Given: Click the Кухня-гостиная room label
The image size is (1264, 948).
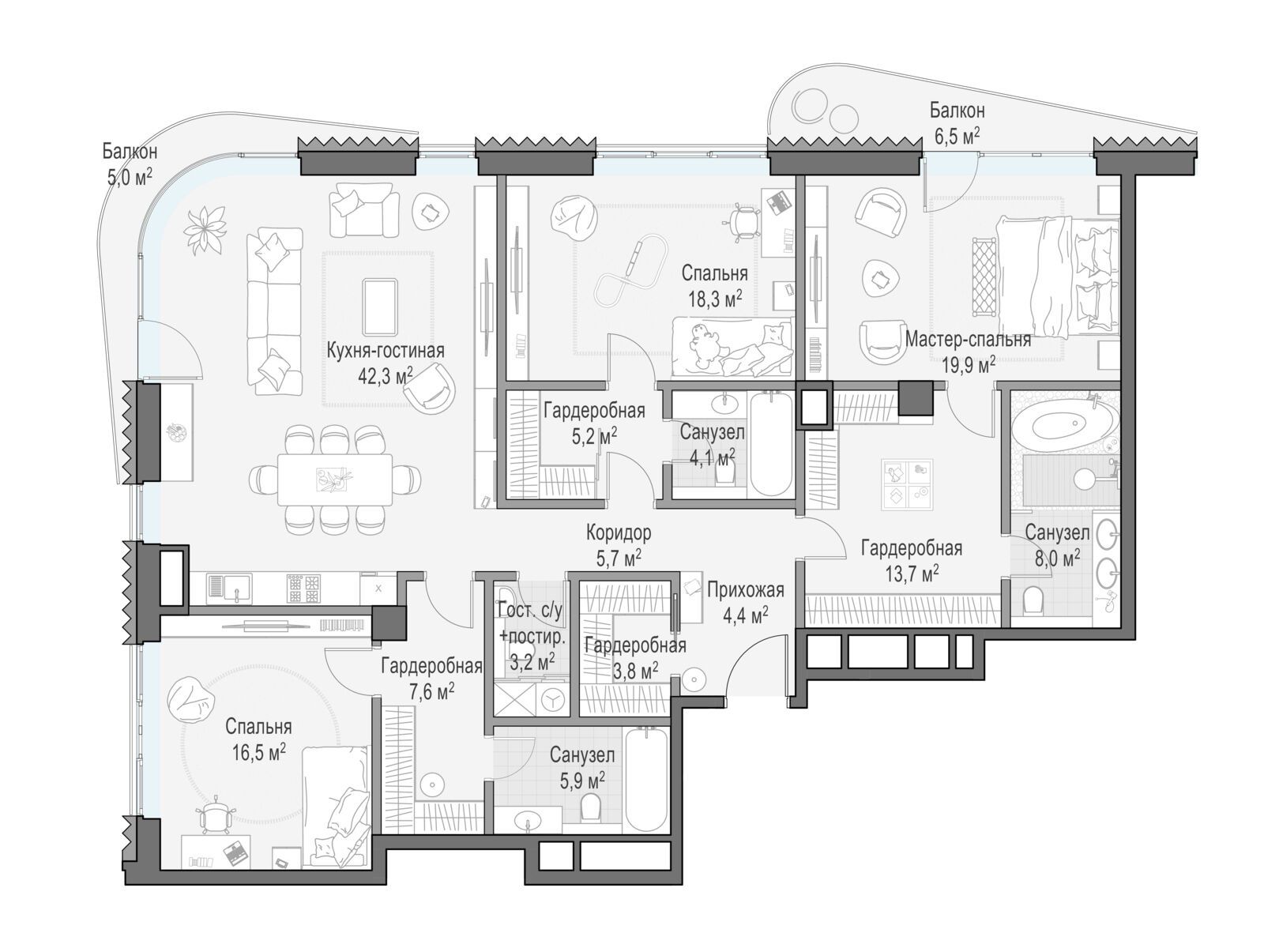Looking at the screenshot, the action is click(385, 351).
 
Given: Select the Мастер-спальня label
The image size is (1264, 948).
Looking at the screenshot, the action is click(968, 340).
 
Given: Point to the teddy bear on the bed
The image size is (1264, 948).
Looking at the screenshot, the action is click(702, 344).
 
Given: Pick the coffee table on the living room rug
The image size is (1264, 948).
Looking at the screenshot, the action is click(379, 307).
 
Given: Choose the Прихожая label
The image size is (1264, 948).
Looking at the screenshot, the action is click(746, 591).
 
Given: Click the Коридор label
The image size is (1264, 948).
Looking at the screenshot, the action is click(619, 532).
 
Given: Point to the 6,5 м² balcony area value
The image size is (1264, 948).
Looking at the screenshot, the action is click(957, 137).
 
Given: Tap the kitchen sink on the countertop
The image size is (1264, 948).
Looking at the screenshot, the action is click(228, 587).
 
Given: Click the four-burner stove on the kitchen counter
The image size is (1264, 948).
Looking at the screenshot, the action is click(303, 587).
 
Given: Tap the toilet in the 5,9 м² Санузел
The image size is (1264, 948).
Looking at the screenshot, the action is click(591, 805).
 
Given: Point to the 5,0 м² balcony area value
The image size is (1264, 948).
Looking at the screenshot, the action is click(130, 177).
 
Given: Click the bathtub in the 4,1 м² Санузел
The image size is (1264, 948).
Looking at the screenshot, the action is click(772, 444).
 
